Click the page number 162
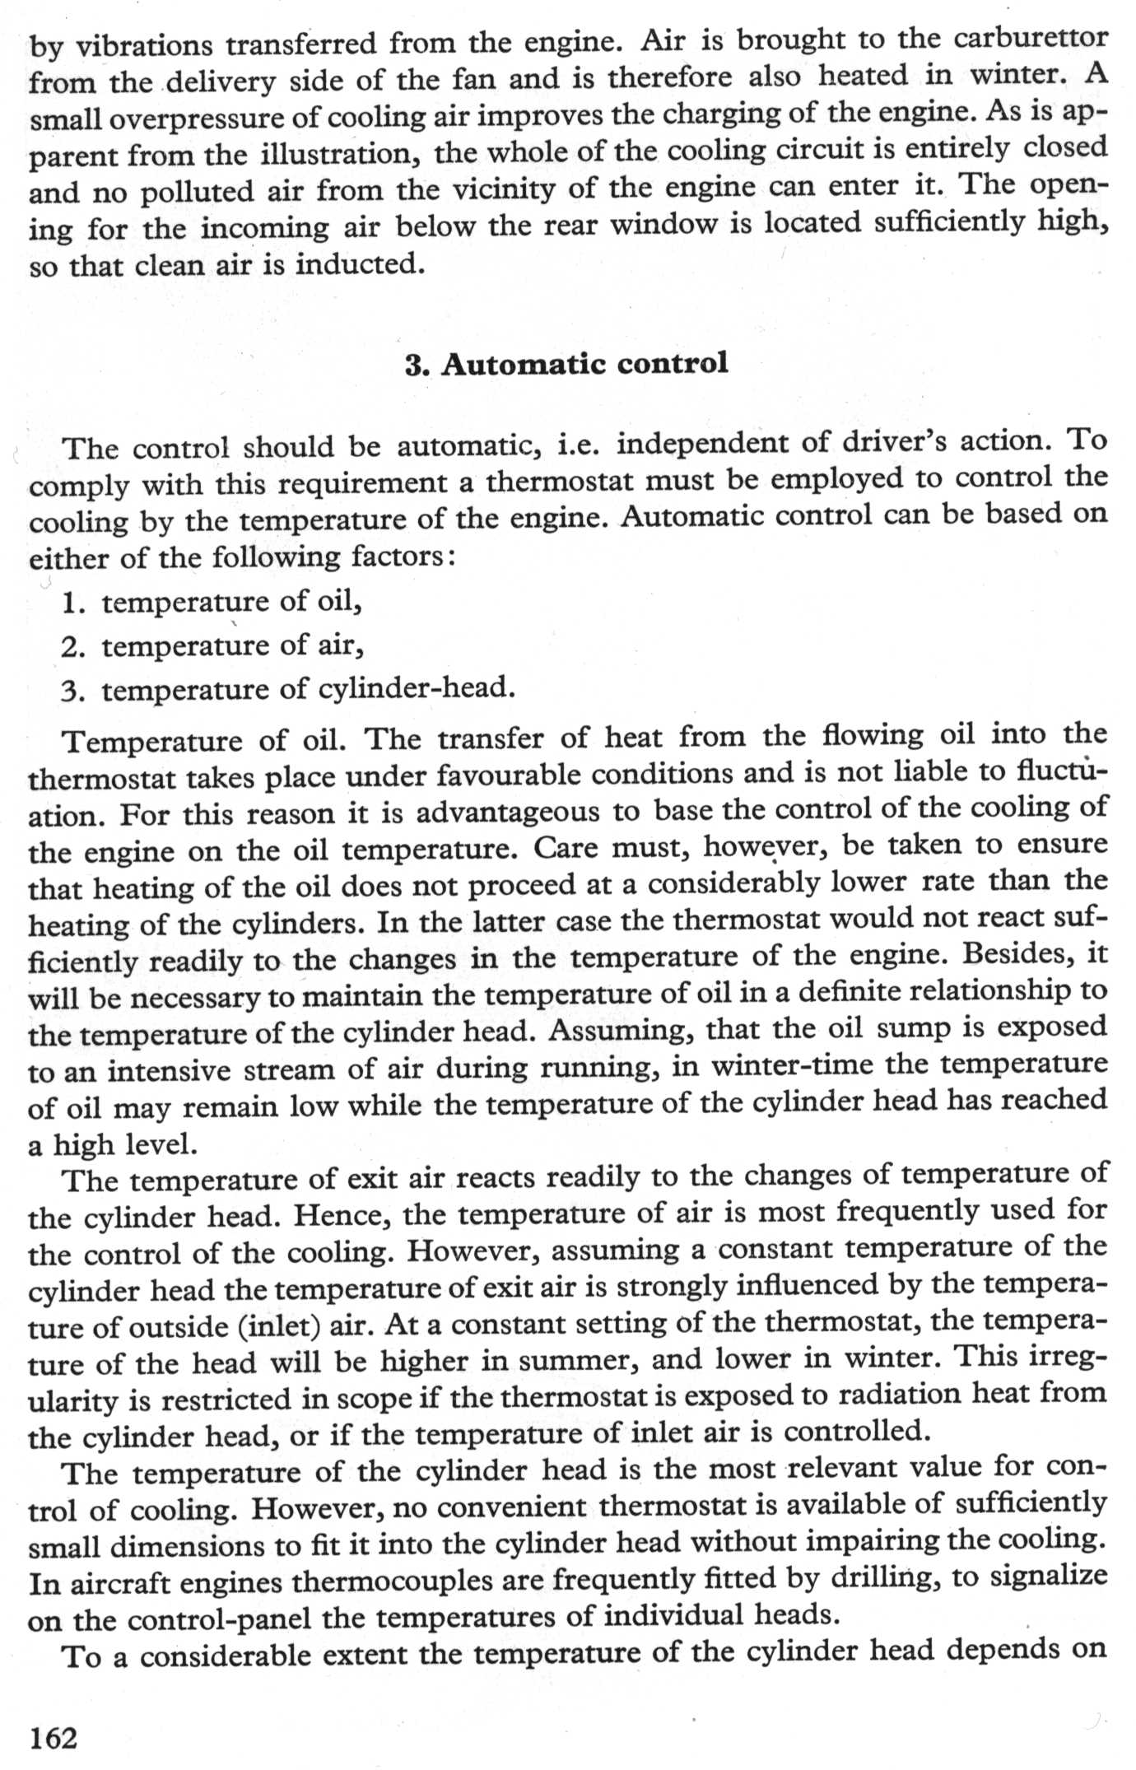click(x=53, y=1737)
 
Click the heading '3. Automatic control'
click(x=566, y=363)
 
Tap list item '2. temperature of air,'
click(x=212, y=645)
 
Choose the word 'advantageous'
click(x=508, y=813)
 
